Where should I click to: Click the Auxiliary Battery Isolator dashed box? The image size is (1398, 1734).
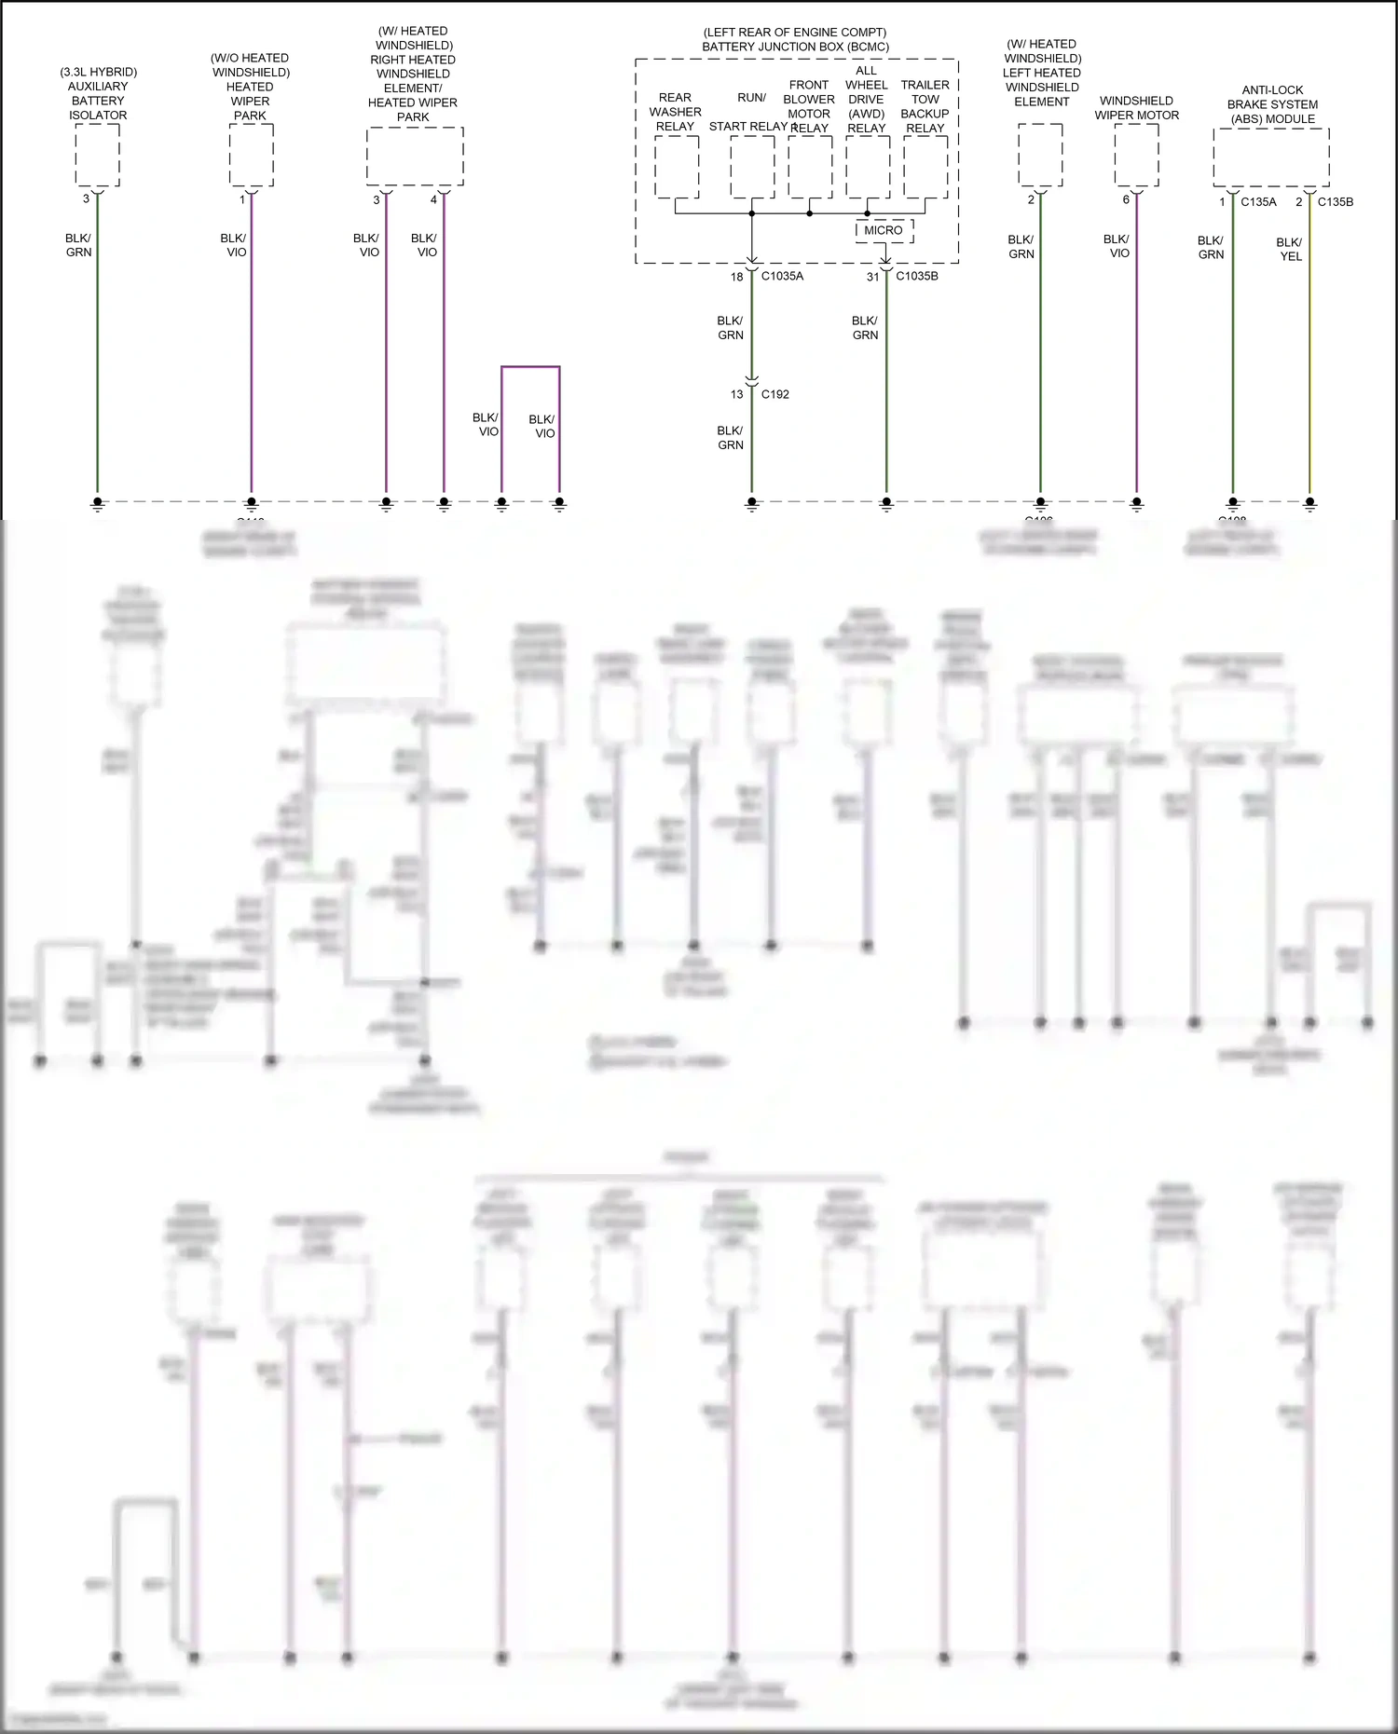(97, 155)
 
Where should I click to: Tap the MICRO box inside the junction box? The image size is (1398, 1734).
(883, 230)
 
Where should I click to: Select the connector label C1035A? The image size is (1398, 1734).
(782, 276)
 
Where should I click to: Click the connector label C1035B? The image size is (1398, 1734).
(917, 276)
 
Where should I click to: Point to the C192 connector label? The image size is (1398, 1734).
(774, 394)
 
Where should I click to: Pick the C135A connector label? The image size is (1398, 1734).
(1258, 201)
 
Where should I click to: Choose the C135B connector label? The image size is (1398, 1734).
(1335, 201)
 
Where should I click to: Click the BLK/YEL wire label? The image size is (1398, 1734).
(1290, 249)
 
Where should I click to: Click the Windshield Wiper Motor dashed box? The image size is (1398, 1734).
(1136, 155)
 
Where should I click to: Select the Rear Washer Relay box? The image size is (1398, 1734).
(677, 167)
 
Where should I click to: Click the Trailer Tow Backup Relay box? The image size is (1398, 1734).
(925, 167)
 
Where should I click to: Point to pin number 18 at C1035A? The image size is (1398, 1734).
(736, 277)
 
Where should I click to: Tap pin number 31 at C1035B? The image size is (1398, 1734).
(872, 277)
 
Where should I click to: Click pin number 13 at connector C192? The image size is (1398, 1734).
(736, 394)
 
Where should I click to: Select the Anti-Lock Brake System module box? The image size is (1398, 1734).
(1271, 157)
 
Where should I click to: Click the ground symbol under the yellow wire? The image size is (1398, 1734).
(1309, 504)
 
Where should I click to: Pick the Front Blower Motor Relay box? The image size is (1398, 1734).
(810, 167)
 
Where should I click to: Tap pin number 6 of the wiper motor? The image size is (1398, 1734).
(1126, 199)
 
